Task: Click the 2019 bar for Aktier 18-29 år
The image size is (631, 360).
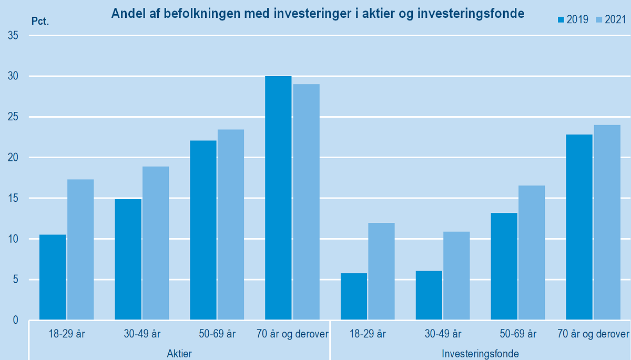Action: (53, 277)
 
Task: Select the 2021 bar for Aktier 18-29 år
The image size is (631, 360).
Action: (80, 250)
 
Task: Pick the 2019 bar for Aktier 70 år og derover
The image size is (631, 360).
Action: (278, 198)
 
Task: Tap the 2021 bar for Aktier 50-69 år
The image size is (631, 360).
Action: (231, 224)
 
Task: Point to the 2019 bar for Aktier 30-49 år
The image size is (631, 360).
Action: (128, 259)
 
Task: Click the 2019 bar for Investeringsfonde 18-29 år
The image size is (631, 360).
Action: (354, 296)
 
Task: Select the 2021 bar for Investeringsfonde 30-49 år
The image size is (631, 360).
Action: (456, 275)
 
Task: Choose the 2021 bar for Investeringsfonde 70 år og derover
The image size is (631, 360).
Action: (607, 222)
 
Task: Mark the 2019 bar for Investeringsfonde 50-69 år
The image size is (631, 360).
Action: (504, 266)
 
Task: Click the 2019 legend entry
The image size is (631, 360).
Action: (573, 20)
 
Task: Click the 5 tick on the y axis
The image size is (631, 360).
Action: (15, 280)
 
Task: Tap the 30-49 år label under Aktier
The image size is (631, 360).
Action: (142, 334)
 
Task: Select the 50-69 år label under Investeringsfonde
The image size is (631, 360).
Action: (518, 334)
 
